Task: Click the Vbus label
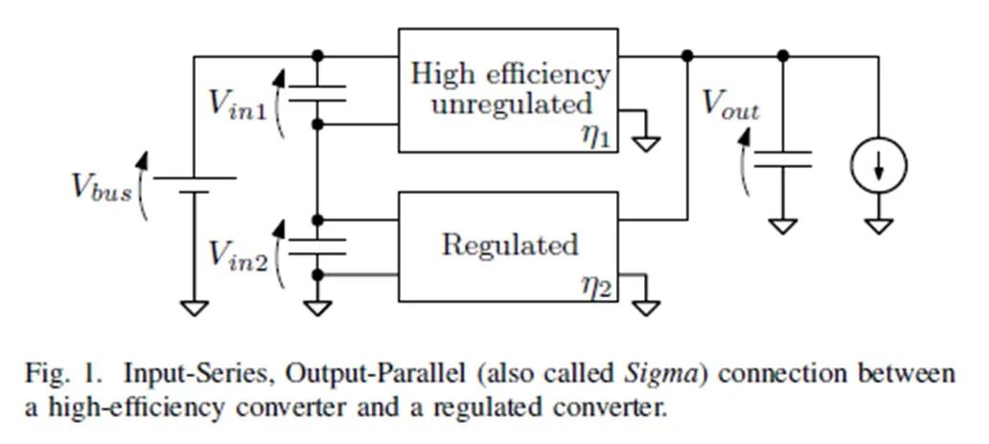[100, 185]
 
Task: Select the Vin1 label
[238, 103]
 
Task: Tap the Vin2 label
[238, 254]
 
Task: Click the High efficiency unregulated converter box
[508, 89]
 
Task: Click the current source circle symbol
[879, 167]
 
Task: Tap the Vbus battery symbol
[195, 184]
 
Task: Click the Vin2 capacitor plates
[317, 245]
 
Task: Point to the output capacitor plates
[783, 158]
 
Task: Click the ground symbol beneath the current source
[879, 226]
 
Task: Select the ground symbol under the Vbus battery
[195, 307]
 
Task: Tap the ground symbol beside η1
[648, 143]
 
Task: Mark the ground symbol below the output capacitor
[783, 226]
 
